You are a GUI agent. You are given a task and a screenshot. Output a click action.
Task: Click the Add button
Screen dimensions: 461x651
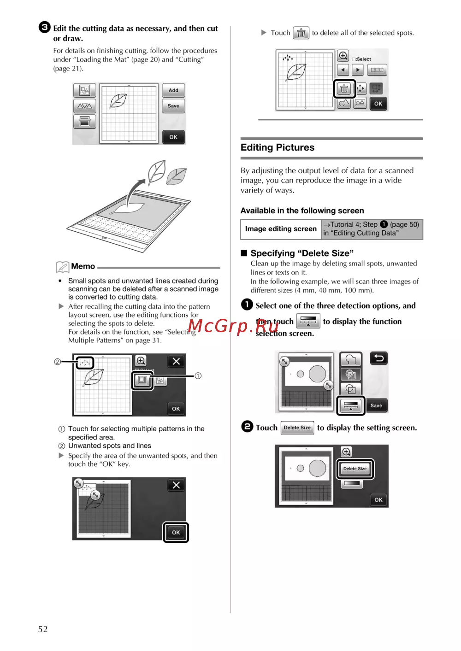point(173,90)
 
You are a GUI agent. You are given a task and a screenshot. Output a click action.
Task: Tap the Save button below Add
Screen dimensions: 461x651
point(173,106)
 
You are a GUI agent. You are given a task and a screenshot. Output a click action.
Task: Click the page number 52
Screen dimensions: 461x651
point(43,629)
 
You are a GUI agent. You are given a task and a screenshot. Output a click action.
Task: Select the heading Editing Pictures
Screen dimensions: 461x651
point(277,147)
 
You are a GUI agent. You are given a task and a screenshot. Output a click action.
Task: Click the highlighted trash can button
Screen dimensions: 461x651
point(344,88)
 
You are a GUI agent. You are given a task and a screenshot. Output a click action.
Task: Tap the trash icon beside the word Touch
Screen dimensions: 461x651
point(301,33)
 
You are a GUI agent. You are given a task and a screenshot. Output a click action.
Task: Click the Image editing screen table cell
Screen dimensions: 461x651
point(281,229)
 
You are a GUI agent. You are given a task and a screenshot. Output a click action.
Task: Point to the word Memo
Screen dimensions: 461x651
point(83,266)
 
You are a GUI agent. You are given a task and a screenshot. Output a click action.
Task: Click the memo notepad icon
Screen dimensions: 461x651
point(63,267)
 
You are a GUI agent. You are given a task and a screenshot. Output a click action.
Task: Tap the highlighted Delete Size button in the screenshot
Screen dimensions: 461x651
point(355,469)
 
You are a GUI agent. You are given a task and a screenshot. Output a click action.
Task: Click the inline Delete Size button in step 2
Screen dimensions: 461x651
point(297,428)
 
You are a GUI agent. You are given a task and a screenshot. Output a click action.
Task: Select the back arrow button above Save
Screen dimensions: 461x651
point(378,358)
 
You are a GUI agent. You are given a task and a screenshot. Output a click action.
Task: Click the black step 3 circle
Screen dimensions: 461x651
point(45,27)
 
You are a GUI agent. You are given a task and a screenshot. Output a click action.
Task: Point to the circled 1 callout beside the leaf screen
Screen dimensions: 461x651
point(198,376)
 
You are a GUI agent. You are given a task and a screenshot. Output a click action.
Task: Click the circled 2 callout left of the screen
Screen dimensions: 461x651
point(57,362)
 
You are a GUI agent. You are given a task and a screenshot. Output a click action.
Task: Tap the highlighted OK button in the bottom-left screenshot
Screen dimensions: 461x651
point(176,533)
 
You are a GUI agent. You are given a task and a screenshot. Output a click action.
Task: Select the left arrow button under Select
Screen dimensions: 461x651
point(343,70)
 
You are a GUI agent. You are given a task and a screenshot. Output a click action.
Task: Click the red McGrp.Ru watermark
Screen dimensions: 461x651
point(233,326)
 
